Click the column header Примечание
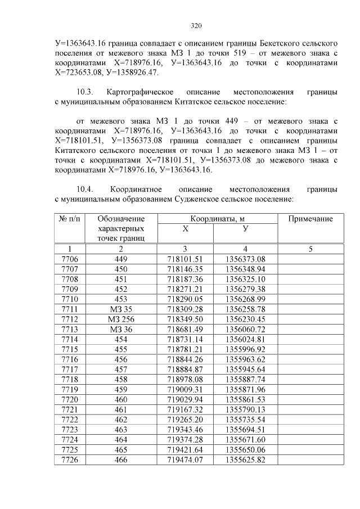310,219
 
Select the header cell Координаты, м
218,219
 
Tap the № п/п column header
69,219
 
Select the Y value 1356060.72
245,330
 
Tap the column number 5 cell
310,249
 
